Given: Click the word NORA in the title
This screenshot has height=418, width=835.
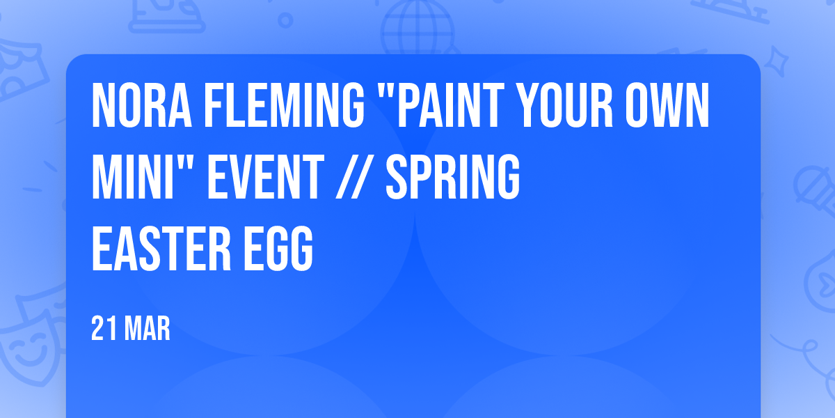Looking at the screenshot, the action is (x=142, y=105).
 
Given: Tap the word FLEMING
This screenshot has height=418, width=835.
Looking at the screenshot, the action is (x=284, y=105).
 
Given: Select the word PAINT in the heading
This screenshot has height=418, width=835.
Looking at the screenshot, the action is (x=451, y=105).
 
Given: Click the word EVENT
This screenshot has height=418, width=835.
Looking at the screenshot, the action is (x=265, y=177).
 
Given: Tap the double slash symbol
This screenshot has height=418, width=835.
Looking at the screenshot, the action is (x=354, y=177).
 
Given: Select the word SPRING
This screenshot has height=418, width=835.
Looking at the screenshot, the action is (x=452, y=177).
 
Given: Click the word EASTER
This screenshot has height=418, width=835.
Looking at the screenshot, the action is (x=161, y=249).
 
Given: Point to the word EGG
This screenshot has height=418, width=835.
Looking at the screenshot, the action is (x=278, y=249).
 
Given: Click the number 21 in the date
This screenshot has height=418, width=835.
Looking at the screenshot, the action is (x=104, y=328).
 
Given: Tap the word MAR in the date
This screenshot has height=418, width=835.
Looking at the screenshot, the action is (x=148, y=328).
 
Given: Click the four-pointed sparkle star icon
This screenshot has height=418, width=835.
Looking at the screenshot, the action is (x=776, y=61).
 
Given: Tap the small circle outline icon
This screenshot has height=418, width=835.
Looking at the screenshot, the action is (x=285, y=20).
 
